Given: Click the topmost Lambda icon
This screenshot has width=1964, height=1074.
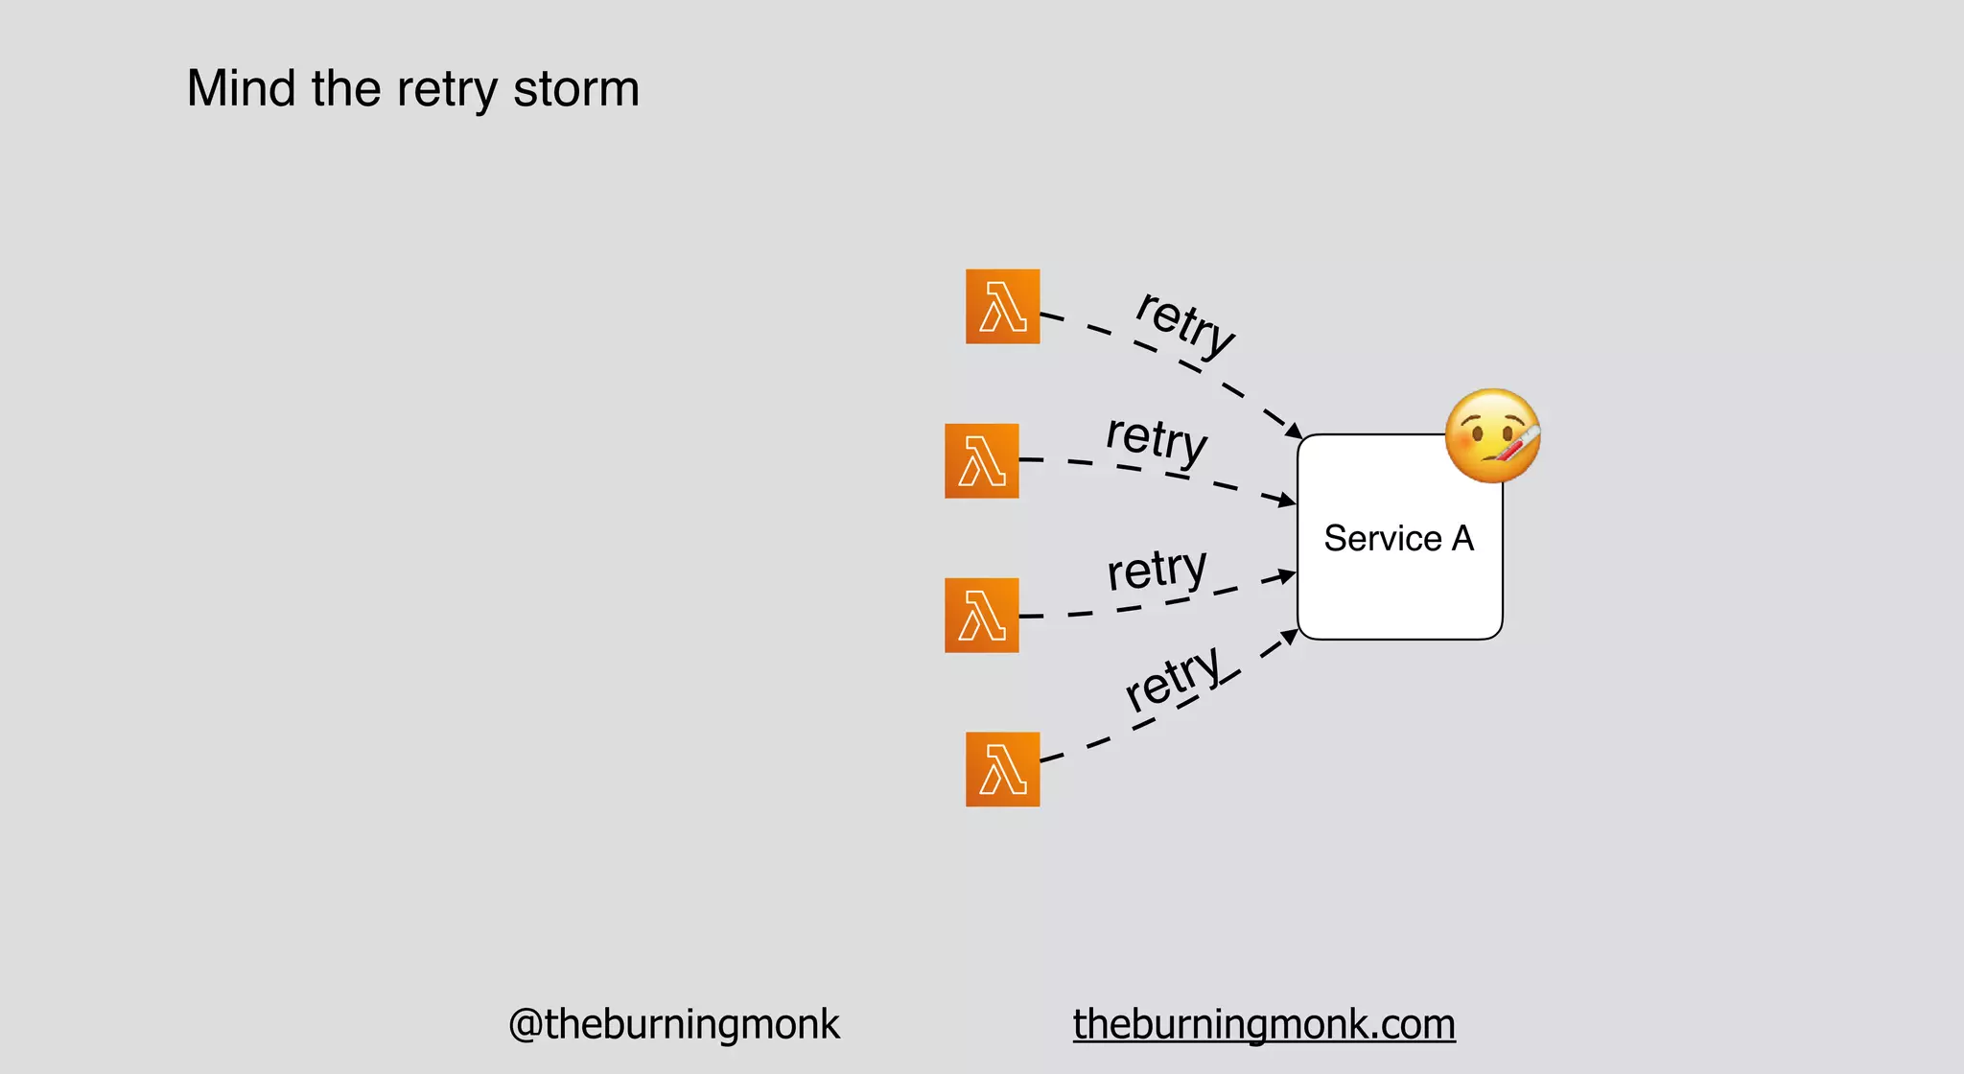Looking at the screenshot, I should [x=1002, y=307].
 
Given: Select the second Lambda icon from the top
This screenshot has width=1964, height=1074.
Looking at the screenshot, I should [x=981, y=461].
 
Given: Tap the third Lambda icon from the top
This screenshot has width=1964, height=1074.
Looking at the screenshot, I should [x=981, y=616].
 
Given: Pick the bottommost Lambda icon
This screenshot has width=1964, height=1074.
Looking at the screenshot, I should [x=1002, y=770].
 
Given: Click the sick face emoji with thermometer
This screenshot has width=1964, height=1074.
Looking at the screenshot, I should [x=1491, y=435].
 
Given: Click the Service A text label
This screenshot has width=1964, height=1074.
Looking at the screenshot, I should [x=1398, y=539].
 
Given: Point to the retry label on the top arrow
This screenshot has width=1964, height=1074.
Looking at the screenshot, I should [x=1185, y=322].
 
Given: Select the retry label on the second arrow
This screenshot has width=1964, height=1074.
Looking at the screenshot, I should [x=1157, y=439].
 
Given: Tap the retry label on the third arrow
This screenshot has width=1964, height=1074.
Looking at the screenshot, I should [x=1157, y=571].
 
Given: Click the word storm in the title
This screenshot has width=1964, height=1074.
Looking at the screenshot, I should [x=575, y=88].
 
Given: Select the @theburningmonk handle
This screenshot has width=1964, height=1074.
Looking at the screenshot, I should [x=673, y=1024].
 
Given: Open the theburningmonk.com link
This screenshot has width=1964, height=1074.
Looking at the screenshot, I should [x=1264, y=1024].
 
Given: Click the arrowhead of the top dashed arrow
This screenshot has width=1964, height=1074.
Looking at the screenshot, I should [x=1294, y=431].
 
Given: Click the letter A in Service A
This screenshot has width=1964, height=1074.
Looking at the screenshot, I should [x=1462, y=539].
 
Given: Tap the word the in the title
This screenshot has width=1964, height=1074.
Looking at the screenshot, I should [x=345, y=88].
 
